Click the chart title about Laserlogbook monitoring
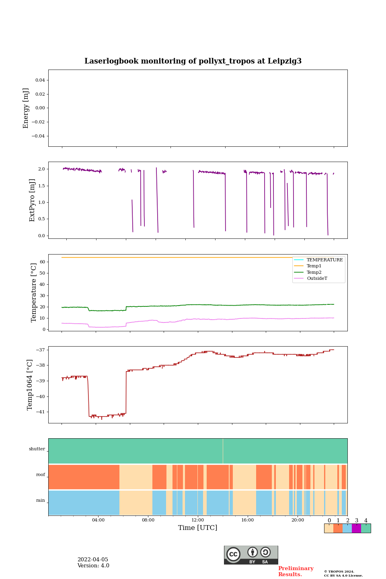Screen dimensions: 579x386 [x=193, y=61]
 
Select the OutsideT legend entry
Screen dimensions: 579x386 [x=317, y=279]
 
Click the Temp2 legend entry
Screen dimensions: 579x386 [x=314, y=273]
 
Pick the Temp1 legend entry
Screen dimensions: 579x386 [x=314, y=266]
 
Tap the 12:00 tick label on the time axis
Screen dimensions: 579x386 [x=198, y=520]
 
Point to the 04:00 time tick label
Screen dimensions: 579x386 [x=98, y=520]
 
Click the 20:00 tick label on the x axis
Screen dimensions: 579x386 [x=298, y=520]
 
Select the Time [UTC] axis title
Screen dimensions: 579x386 [x=198, y=528]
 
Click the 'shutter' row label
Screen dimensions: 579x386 [x=37, y=449]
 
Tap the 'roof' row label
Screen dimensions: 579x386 [x=41, y=475]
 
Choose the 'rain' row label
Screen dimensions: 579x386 [x=41, y=501]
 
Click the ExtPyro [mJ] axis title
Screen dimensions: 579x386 [x=33, y=200]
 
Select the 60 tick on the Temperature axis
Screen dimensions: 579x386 [x=42, y=262]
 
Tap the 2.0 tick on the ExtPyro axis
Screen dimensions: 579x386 [x=41, y=169]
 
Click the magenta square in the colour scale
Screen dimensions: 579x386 [x=356, y=528]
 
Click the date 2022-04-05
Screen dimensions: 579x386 [x=92, y=560]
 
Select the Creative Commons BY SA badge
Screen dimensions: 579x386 [x=251, y=555]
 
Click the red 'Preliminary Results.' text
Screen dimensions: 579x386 [x=296, y=571]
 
